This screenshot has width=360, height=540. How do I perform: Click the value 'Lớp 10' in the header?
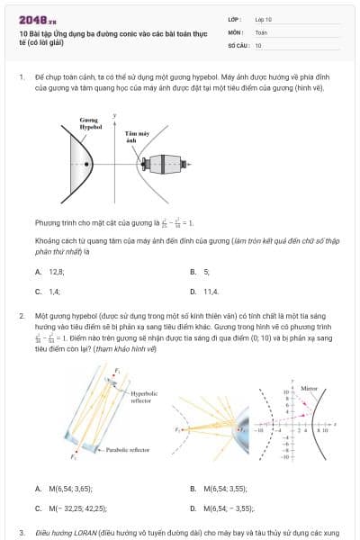tap(264, 18)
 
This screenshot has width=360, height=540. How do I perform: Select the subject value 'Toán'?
tap(261, 31)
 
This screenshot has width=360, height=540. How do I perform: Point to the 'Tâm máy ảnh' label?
tap(131, 137)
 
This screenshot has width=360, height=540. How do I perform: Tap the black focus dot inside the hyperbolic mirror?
tap(86, 164)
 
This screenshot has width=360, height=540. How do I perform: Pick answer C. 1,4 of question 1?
tap(49, 292)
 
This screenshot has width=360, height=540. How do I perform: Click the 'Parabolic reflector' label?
tap(125, 447)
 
